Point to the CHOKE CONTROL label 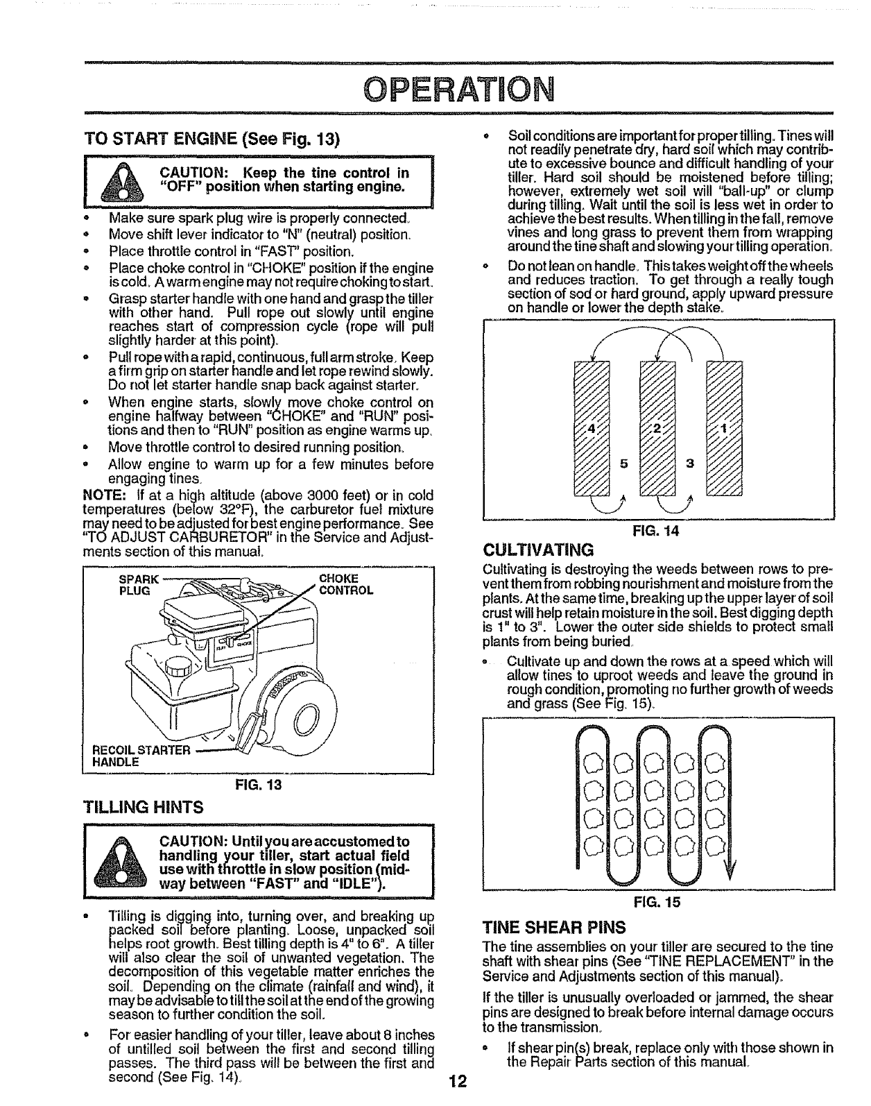click(345, 584)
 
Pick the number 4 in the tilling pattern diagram click(592, 428)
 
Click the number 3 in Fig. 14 click(689, 464)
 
